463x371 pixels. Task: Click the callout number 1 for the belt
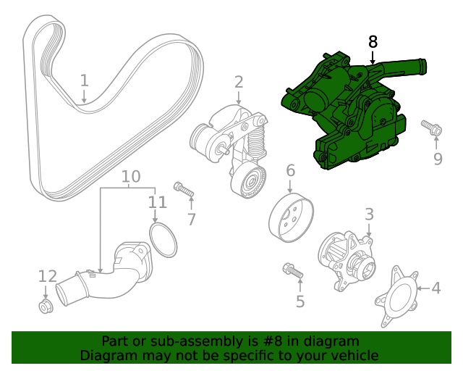(84, 80)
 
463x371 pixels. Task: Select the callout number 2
(239, 83)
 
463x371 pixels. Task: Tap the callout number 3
(369, 214)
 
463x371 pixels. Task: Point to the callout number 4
(436, 288)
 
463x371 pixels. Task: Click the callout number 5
(300, 301)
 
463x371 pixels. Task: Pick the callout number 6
(290, 171)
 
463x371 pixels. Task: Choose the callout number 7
(191, 219)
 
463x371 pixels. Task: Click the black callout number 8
(373, 42)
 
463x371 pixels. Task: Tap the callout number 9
(438, 159)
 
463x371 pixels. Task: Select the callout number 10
(130, 176)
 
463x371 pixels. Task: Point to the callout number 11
(157, 202)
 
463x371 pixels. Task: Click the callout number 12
(47, 276)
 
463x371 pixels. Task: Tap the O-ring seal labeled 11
(163, 240)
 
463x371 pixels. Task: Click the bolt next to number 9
(432, 128)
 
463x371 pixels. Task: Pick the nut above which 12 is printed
(46, 307)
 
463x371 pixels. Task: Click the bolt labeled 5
(294, 270)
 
